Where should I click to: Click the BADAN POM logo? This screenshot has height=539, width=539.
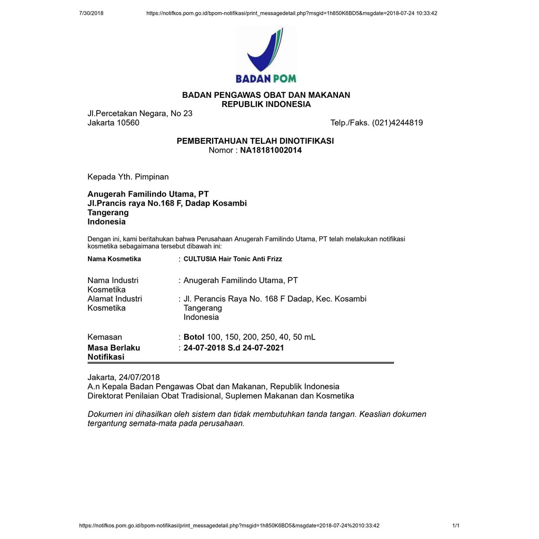tap(266, 56)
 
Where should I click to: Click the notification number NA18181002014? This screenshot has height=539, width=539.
tap(271, 150)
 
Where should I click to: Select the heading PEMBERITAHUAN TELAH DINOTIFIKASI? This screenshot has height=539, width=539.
tap(255, 141)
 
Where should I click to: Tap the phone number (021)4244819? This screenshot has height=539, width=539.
tap(397, 123)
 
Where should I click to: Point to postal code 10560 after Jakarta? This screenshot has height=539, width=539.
tap(127, 123)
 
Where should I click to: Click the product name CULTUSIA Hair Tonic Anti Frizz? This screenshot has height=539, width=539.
tap(233, 259)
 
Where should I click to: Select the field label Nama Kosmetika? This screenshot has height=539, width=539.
tap(114, 259)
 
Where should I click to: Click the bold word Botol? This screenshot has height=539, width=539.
tap(194, 337)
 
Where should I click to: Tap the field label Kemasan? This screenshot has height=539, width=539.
tap(105, 337)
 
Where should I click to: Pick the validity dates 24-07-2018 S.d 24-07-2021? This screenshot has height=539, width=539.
tap(234, 347)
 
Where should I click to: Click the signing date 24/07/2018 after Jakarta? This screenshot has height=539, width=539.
tap(139, 377)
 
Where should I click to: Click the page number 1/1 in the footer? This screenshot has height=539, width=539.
tap(456, 525)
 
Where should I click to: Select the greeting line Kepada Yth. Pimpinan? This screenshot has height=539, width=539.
tap(128, 176)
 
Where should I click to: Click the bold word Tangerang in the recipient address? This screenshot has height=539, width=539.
tap(108, 213)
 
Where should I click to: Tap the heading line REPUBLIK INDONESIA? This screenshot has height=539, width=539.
tap(266, 104)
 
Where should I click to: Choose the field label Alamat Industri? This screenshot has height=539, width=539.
tap(115, 298)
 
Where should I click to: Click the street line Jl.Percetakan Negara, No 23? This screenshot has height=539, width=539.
tap(140, 113)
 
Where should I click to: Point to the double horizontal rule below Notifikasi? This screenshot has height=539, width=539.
tap(241, 363)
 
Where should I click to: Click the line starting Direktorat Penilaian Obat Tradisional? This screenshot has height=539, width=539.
tap(221, 396)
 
